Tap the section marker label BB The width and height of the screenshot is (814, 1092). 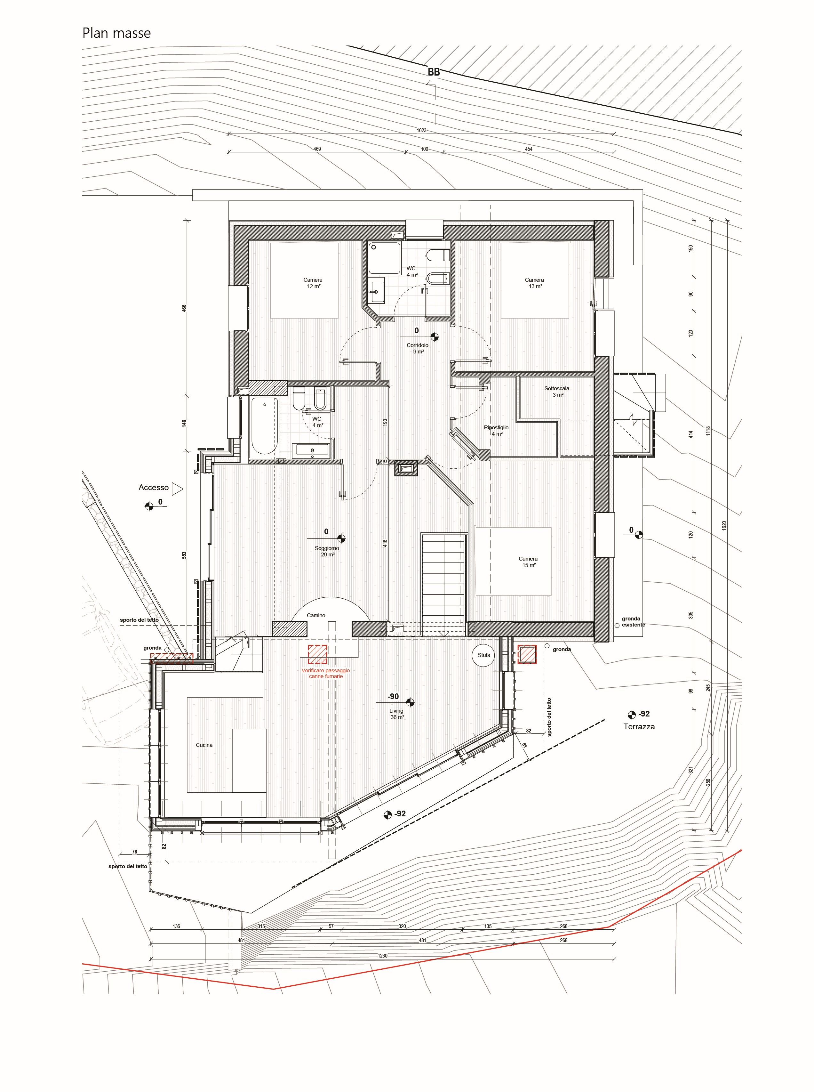tap(434, 72)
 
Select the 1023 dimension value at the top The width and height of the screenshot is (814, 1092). tap(421, 131)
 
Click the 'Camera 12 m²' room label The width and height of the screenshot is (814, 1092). tap(313, 283)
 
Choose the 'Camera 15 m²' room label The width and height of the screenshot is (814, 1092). tap(528, 562)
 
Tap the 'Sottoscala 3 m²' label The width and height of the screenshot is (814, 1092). tap(557, 392)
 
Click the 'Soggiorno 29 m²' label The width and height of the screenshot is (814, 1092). tap(327, 551)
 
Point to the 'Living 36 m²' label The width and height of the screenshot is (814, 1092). tap(397, 714)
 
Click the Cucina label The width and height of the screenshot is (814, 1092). tap(204, 745)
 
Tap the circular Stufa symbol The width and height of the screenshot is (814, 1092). tap(484, 655)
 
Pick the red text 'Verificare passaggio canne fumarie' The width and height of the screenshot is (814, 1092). tap(326, 674)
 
